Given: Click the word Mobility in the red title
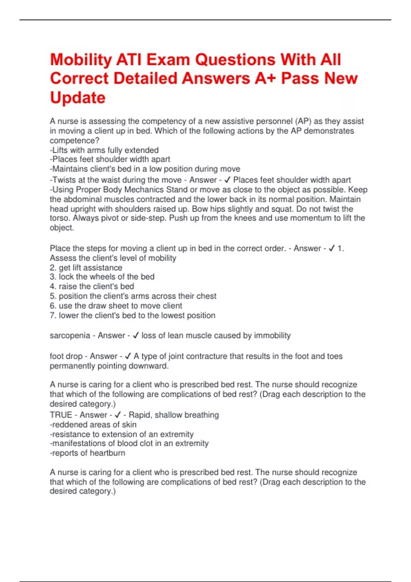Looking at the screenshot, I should [x=81, y=60].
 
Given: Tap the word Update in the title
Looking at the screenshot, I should [x=78, y=98].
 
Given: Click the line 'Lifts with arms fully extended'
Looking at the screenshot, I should [x=104, y=150].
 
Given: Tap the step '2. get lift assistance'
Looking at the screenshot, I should [x=86, y=267].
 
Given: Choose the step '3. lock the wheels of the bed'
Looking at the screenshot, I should [x=102, y=277].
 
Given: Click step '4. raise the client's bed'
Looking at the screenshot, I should [x=92, y=286].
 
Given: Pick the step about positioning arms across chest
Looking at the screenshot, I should [x=133, y=296].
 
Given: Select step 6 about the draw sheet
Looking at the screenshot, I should [x=116, y=305].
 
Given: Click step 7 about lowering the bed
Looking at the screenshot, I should [x=133, y=315].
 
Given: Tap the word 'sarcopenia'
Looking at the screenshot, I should [x=70, y=336].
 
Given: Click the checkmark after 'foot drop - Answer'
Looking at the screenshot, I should [x=128, y=356].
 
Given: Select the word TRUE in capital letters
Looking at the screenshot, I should [x=61, y=415].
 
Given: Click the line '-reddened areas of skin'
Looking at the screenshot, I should [x=93, y=425].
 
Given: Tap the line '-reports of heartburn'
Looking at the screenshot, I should [x=88, y=453].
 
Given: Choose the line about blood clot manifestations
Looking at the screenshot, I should [x=129, y=443].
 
